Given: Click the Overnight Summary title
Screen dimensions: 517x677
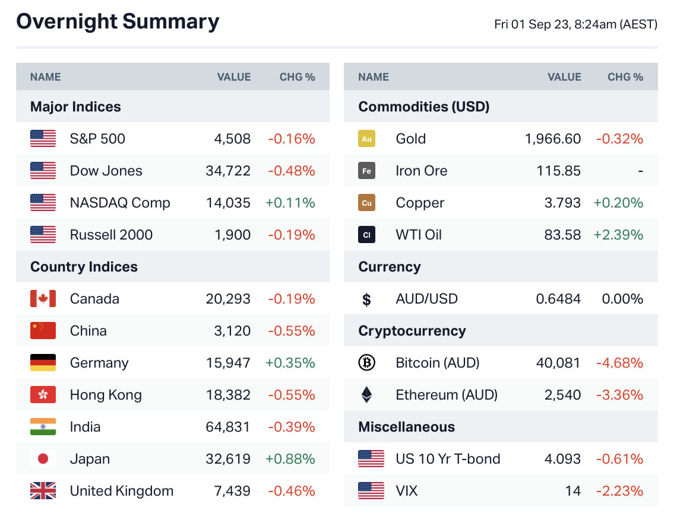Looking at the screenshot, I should click(x=118, y=22).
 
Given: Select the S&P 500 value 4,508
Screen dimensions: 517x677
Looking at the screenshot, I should click(x=232, y=139).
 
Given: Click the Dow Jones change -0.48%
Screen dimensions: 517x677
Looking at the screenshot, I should click(x=291, y=171).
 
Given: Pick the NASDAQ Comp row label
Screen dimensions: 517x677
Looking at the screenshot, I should click(x=120, y=203).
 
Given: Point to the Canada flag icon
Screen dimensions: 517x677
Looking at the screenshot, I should click(x=43, y=299).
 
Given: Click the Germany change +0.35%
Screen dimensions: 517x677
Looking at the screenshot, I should click(x=290, y=363).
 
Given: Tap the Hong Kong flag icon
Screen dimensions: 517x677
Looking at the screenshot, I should click(x=43, y=395).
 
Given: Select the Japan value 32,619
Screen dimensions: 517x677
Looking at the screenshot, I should click(x=228, y=459).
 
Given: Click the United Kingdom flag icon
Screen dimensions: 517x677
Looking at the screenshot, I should click(x=43, y=491).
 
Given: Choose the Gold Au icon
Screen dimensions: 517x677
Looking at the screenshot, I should click(x=367, y=139).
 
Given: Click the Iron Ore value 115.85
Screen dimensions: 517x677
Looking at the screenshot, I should click(x=558, y=171).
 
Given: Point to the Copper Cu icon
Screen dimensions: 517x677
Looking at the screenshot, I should click(x=367, y=203).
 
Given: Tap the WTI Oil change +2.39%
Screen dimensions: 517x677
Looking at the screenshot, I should click(x=618, y=235).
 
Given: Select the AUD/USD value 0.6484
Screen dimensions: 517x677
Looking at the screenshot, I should click(x=558, y=299).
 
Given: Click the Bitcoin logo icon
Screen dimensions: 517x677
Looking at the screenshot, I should click(x=367, y=363).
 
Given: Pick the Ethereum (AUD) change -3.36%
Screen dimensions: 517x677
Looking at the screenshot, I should click(x=619, y=395).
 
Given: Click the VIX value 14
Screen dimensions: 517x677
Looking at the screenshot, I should click(x=573, y=491).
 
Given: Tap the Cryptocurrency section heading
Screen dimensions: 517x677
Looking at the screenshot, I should click(x=412, y=331).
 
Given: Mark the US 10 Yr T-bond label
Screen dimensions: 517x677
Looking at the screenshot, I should click(x=448, y=459).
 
